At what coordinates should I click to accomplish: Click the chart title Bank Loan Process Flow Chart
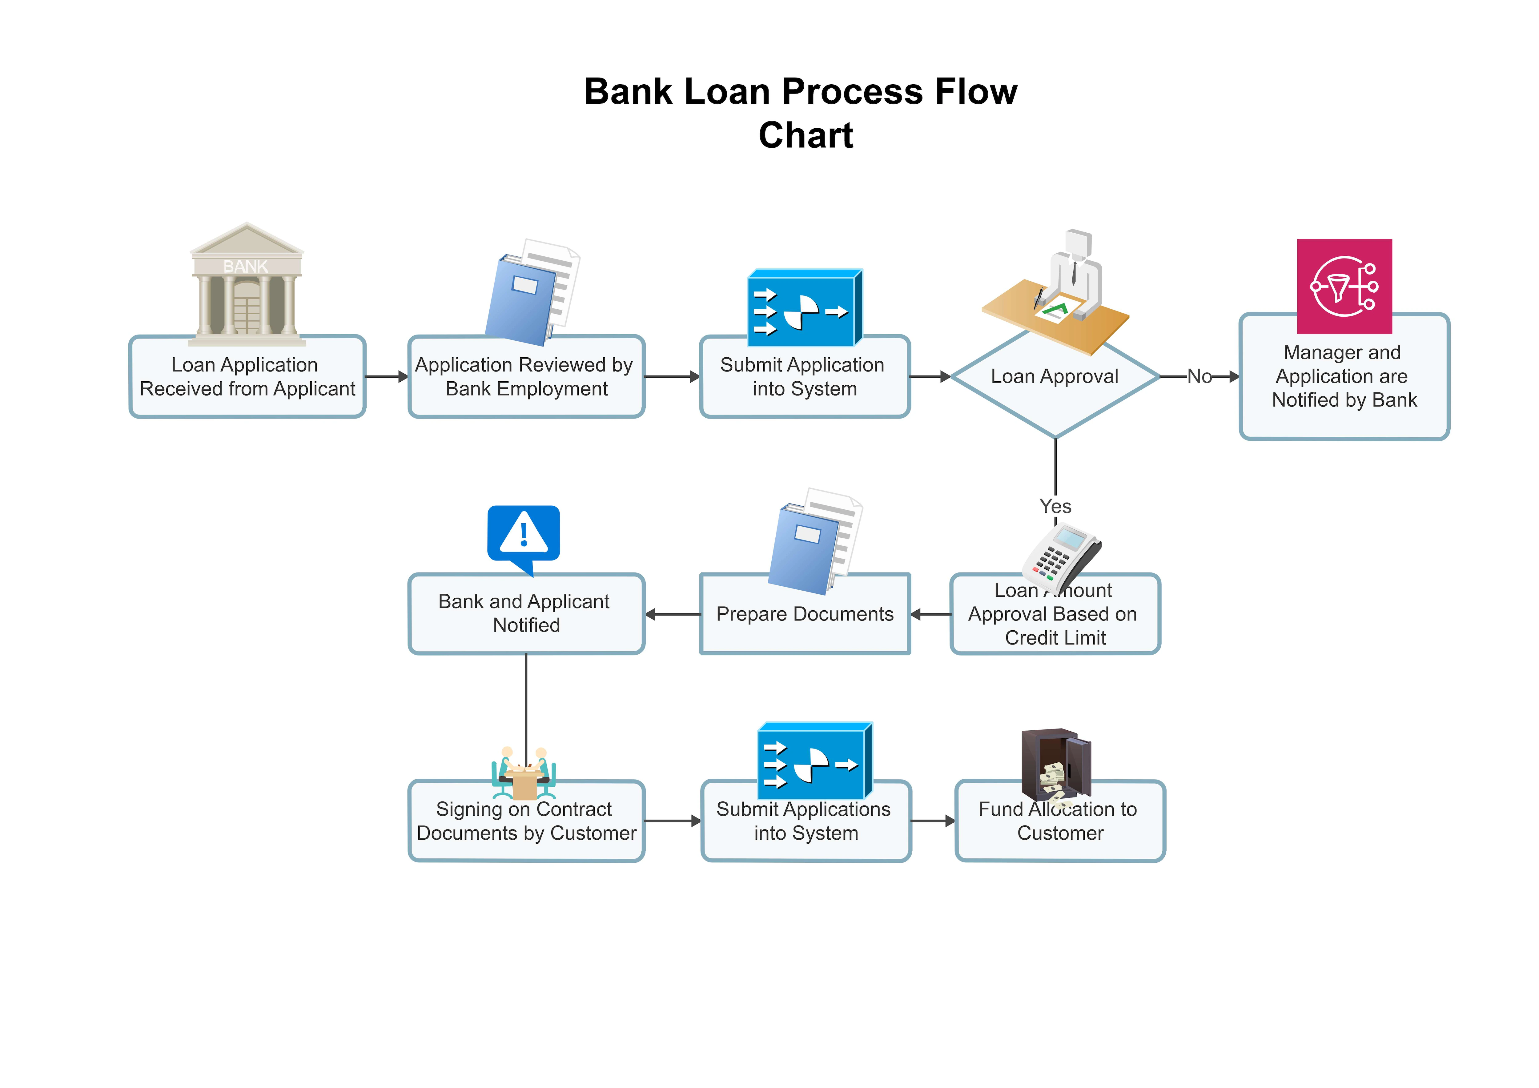click(x=801, y=113)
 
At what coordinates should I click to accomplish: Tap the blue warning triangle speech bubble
click(x=524, y=536)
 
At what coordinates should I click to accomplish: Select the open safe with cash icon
click(x=1056, y=764)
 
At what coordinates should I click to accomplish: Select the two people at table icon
click(x=524, y=772)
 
